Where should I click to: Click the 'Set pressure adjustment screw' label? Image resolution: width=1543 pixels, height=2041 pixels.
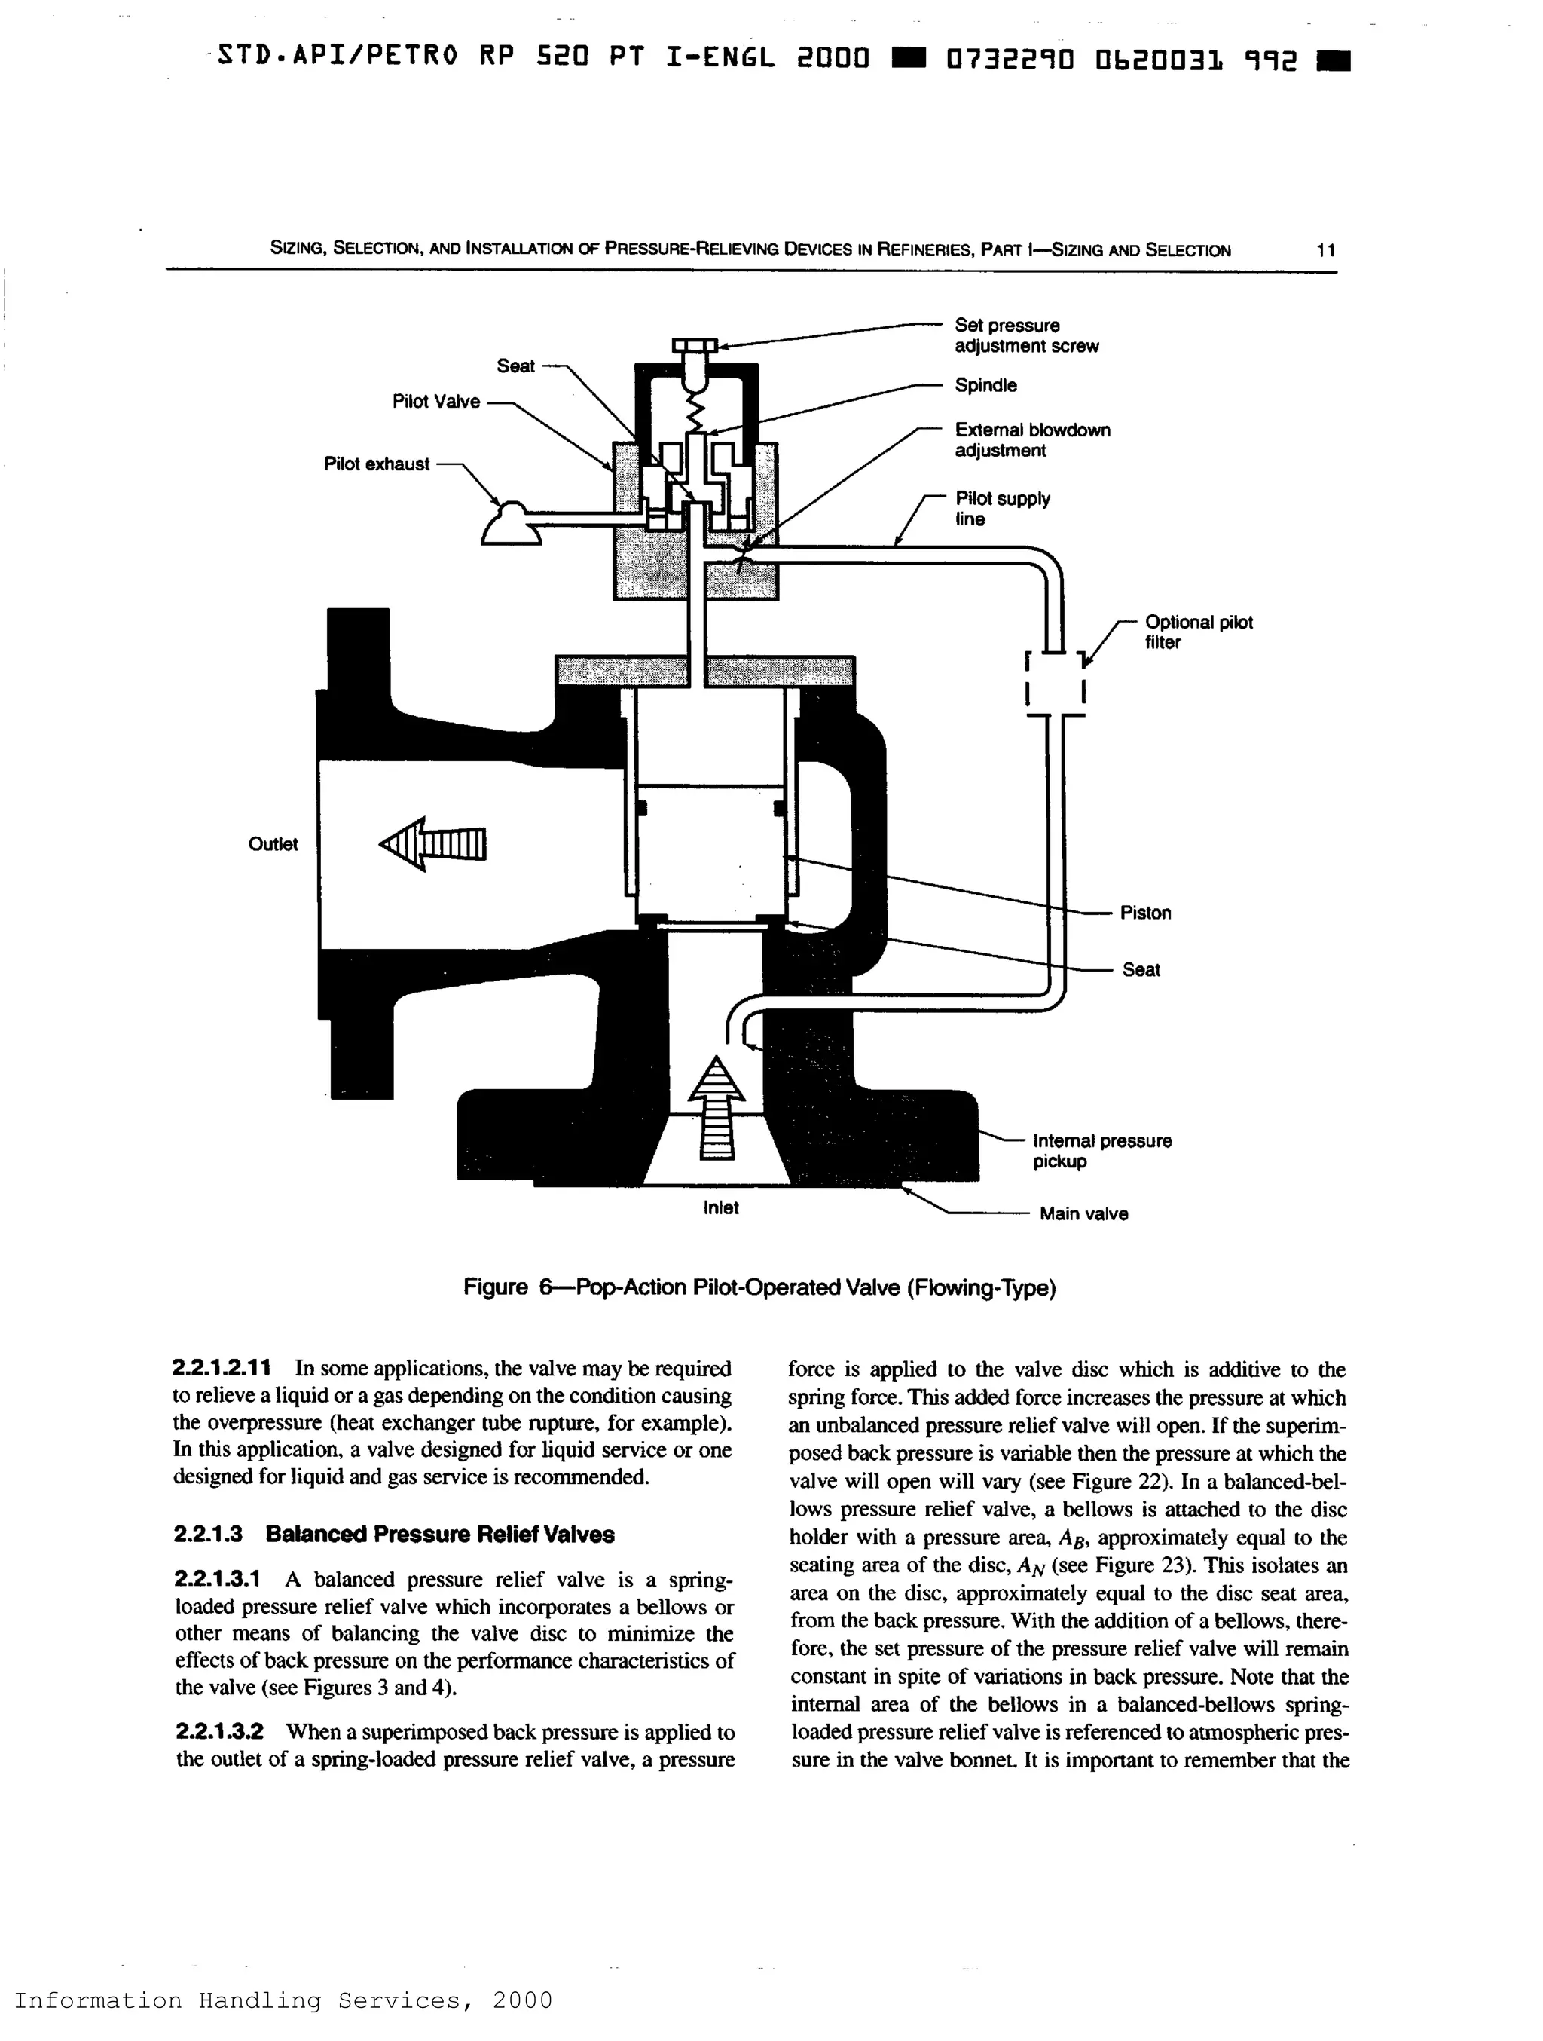click(1025, 336)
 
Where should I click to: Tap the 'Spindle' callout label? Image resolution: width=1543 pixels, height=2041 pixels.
click(985, 386)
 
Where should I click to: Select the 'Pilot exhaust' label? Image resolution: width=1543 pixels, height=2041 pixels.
click(376, 464)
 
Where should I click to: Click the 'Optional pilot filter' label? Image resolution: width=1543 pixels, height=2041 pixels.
click(1198, 632)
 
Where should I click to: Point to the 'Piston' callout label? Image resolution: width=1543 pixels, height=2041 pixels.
click(1144, 913)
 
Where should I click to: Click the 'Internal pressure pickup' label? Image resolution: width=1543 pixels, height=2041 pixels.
click(1101, 1151)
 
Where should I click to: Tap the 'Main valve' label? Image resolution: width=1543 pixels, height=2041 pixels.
click(1083, 1213)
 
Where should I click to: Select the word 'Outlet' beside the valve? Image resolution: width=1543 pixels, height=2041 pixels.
click(273, 844)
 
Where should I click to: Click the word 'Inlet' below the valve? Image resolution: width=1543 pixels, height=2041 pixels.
click(720, 1208)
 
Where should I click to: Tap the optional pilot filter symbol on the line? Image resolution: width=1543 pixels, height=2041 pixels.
click(1055, 684)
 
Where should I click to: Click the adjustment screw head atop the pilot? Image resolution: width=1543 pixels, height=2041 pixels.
click(694, 347)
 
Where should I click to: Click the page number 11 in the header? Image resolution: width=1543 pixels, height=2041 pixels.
click(1325, 250)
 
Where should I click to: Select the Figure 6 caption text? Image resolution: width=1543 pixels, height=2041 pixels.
click(759, 1287)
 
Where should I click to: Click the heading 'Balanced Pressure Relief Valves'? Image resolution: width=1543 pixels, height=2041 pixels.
click(440, 1535)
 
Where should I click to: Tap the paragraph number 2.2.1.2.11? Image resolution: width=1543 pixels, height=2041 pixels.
click(222, 1369)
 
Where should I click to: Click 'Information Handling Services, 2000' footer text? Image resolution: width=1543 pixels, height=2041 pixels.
click(283, 2000)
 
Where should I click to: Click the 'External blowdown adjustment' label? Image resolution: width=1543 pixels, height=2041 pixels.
click(1031, 440)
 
